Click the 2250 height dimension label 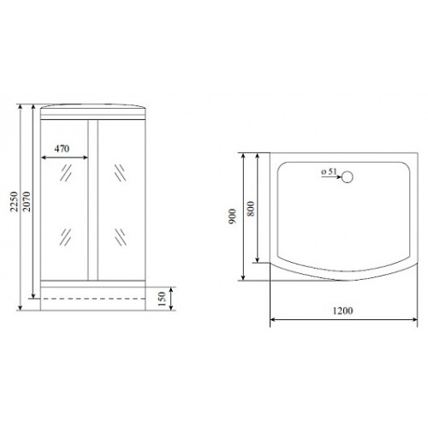(15, 201)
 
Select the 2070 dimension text (27, 201)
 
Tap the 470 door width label (62, 149)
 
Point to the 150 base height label (162, 299)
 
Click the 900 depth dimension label (233, 217)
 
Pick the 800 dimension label (251, 209)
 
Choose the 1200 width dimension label (342, 311)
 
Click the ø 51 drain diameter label (329, 172)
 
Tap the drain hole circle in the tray (348, 177)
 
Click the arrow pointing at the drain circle (331, 177)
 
